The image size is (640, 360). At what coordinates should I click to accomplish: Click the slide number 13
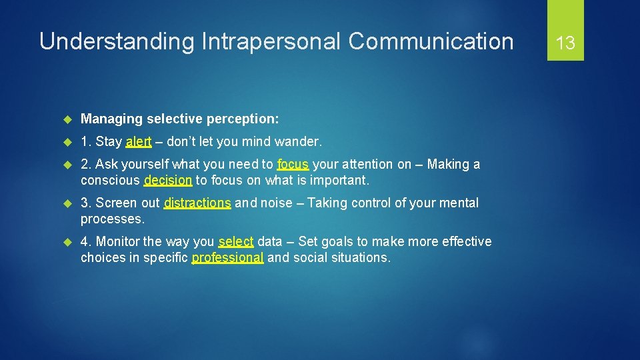(x=565, y=43)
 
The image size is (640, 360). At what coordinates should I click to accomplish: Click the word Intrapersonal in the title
(x=269, y=41)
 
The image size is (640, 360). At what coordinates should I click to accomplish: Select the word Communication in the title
(x=431, y=41)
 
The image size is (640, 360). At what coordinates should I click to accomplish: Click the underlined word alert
(x=139, y=141)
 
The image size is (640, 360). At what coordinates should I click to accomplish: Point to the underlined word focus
(x=293, y=164)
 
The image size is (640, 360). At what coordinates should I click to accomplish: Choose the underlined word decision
(x=168, y=180)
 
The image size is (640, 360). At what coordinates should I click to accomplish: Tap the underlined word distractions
(x=198, y=203)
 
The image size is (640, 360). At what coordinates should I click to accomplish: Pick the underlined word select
(x=236, y=241)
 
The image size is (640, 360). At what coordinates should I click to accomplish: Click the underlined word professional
(x=228, y=257)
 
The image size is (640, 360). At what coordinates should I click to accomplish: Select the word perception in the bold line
(x=244, y=119)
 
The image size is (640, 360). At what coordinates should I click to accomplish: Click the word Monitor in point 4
(x=118, y=241)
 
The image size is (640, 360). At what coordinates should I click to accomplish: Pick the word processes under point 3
(x=111, y=219)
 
